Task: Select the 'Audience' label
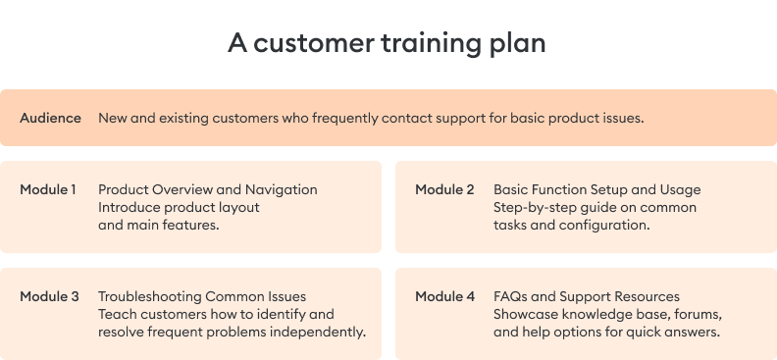(50, 118)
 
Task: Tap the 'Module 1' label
(48, 189)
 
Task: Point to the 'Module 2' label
(444, 189)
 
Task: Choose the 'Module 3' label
(49, 296)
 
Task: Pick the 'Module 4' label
(444, 296)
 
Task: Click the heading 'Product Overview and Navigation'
(208, 189)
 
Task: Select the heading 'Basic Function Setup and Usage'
(596, 189)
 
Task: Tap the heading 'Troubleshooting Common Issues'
(202, 296)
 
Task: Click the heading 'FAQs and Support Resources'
(587, 296)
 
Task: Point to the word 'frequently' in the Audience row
(344, 118)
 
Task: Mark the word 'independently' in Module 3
(320, 332)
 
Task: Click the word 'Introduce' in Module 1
(129, 207)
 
